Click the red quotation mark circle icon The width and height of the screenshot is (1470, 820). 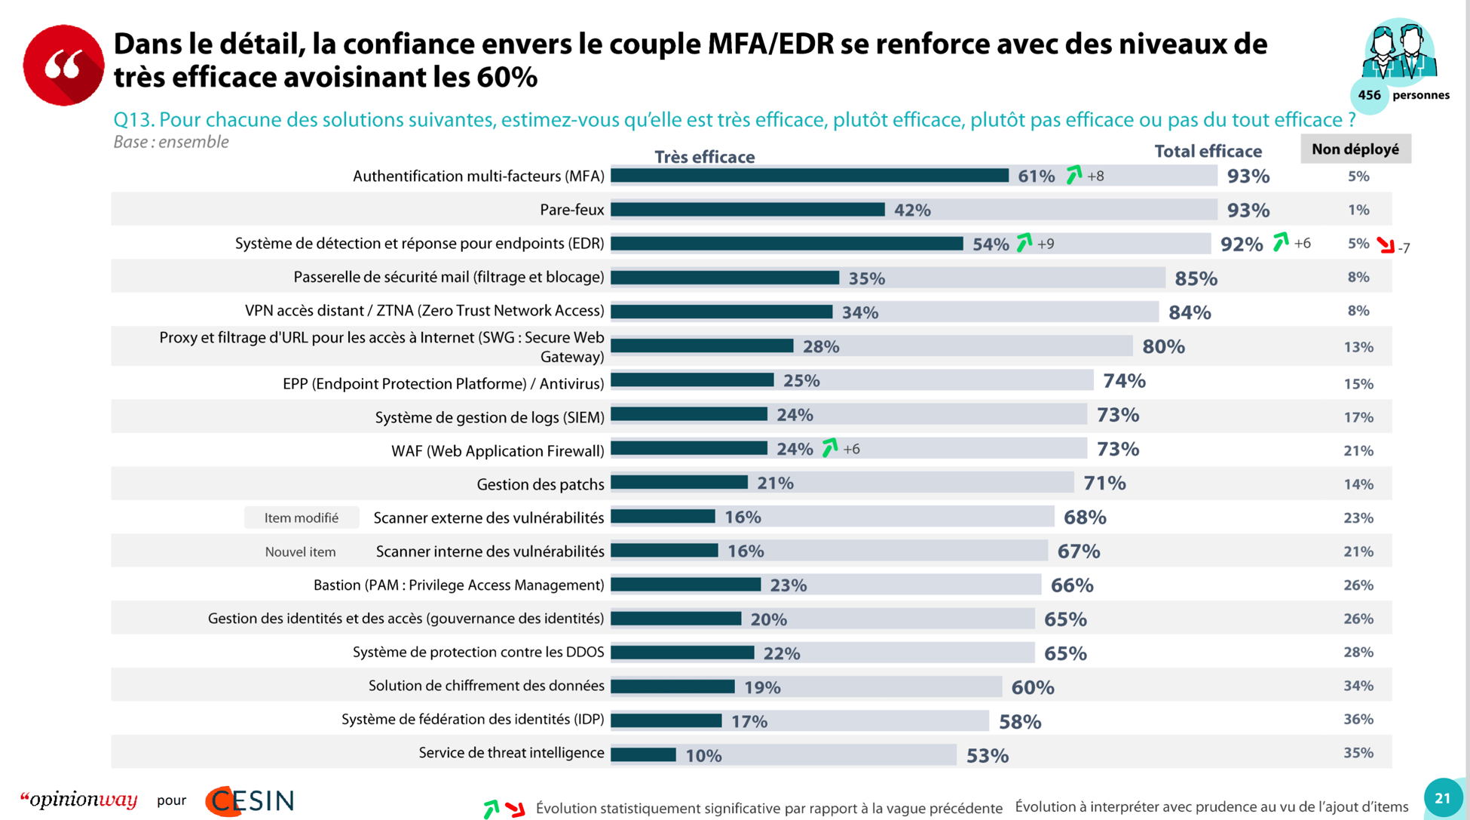coord(63,65)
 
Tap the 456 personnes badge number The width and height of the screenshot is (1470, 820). coord(1369,95)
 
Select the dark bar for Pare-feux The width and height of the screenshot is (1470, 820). coord(747,210)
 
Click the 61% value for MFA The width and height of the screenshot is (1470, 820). coord(1036,177)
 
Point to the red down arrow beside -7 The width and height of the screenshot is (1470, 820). coord(1385,245)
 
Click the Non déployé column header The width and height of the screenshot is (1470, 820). coord(1355,149)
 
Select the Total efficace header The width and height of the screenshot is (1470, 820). coord(1208,152)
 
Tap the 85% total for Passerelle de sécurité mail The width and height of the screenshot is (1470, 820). coord(1196,278)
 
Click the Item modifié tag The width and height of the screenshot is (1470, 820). coord(301,518)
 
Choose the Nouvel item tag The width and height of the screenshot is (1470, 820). coord(300,552)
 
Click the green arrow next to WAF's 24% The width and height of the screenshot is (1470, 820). coord(829,448)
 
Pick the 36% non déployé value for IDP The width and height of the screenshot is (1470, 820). coord(1358,720)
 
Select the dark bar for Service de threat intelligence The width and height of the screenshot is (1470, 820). coord(643,754)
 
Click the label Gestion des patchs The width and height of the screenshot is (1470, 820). coord(540,484)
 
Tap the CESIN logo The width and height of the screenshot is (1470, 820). coord(250,800)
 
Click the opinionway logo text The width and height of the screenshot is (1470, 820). coord(79,800)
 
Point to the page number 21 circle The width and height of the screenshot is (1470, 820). coord(1442,798)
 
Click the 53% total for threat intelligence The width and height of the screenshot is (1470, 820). coord(987,756)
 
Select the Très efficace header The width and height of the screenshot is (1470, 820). coord(704,157)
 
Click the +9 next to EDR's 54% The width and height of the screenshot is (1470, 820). coord(1046,244)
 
